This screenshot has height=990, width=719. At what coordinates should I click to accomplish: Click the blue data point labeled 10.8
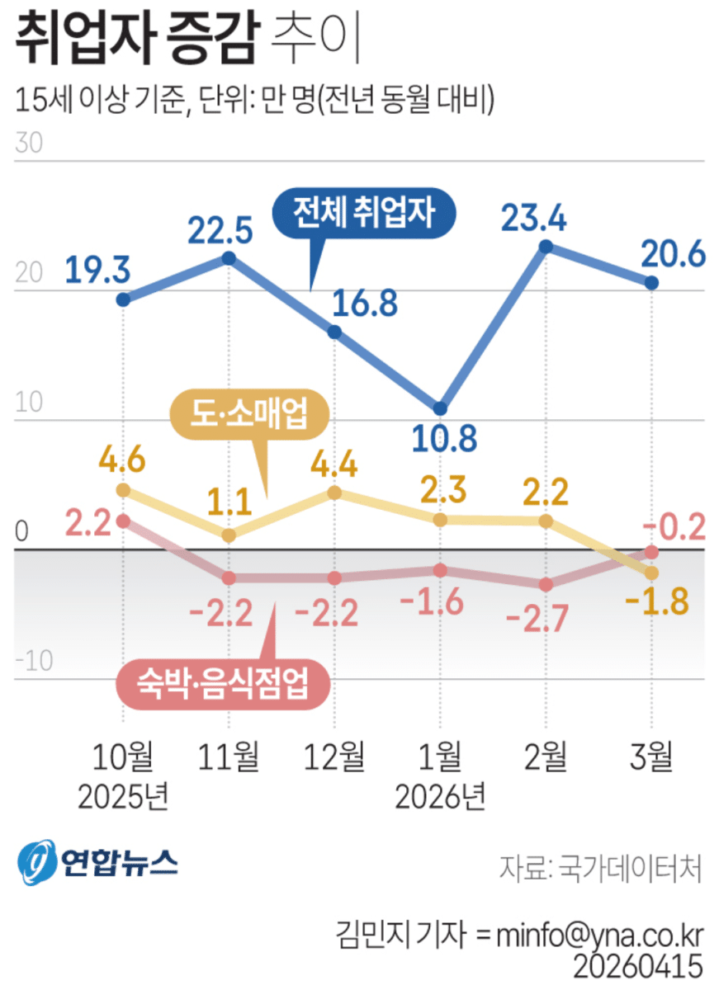click(x=441, y=408)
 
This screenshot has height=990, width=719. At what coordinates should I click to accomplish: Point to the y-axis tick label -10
click(x=33, y=660)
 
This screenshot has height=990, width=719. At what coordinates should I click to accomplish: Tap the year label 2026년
click(x=440, y=796)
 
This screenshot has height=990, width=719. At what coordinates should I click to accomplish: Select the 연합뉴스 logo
click(x=97, y=863)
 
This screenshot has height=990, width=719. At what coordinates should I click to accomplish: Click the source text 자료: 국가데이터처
click(x=600, y=867)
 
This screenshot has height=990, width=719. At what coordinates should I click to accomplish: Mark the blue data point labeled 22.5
click(x=229, y=258)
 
